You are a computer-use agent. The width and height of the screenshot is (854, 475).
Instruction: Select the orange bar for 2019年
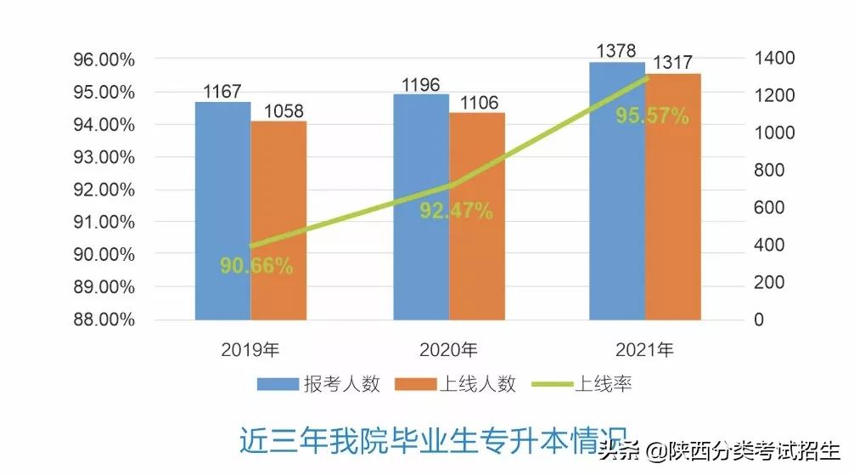point(278,221)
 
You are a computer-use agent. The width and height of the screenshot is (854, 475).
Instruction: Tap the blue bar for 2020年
point(421,207)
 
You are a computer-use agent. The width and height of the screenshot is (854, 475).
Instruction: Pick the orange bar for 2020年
point(477,217)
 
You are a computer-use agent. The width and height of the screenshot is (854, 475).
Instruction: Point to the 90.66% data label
point(256,266)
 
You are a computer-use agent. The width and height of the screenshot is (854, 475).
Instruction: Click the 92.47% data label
point(456,211)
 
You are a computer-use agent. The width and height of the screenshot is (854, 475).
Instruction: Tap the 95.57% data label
point(652,116)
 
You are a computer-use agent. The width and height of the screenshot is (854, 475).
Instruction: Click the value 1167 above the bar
point(222,90)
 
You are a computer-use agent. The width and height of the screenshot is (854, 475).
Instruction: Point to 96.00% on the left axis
point(105,59)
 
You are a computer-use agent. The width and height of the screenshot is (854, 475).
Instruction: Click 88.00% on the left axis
point(105,319)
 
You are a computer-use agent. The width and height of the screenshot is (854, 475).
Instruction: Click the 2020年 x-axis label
point(448,349)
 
